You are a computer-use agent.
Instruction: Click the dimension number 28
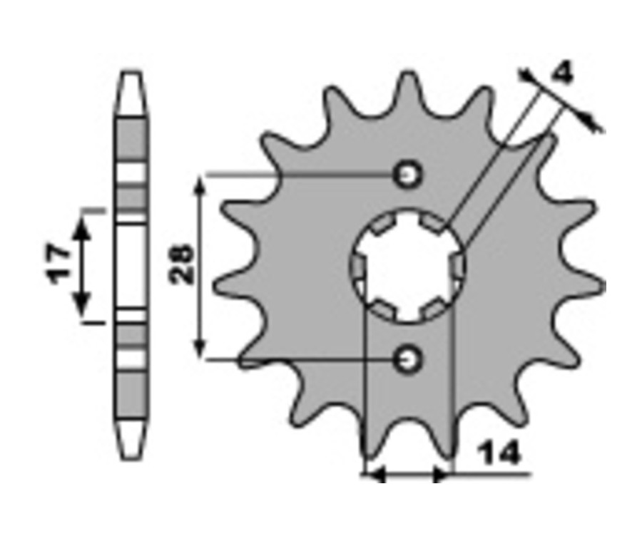point(181,264)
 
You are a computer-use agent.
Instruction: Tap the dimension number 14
point(499,453)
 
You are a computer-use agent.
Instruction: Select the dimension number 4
point(563,73)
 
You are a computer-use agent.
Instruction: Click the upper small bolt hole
point(407,175)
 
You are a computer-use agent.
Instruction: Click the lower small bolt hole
point(407,360)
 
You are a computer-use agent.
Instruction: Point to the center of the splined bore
point(407,265)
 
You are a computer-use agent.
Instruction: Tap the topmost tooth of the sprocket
point(407,88)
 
